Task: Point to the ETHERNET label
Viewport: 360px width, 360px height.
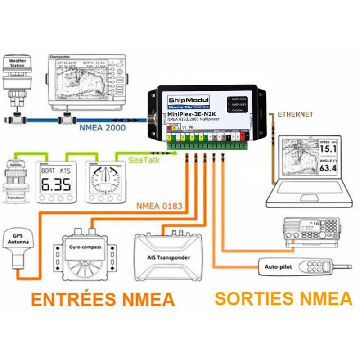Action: click(x=295, y=114)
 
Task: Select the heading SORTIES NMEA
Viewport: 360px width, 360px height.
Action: click(x=283, y=298)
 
